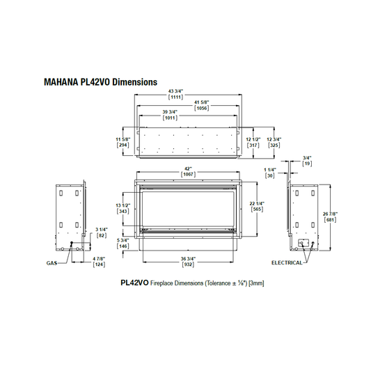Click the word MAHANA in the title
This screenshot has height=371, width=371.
61,82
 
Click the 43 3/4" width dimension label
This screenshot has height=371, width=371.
176,91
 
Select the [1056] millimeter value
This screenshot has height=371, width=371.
202,108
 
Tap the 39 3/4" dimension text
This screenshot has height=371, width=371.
170,111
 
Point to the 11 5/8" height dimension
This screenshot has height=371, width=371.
123,139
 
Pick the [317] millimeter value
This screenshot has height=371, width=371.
253,145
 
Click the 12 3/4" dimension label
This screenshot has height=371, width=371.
274,139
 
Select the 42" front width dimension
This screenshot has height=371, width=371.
189,168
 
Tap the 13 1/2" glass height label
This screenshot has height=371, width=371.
123,205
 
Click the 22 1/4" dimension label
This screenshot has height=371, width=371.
257,203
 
